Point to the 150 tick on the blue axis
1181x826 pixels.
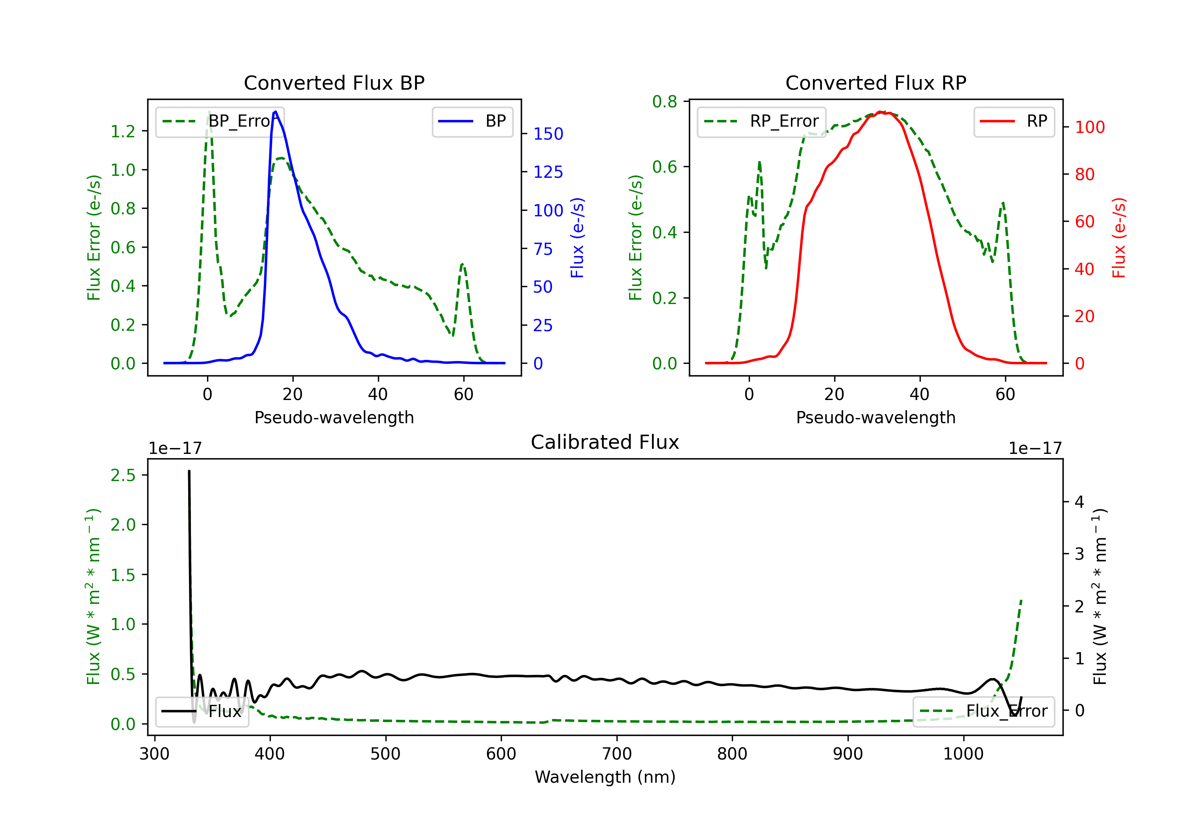tap(548, 134)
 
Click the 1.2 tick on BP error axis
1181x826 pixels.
tap(123, 132)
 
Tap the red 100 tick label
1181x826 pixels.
tap(1089, 127)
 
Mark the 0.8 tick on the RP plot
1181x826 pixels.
tap(665, 102)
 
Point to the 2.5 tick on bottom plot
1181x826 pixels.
tap(123, 476)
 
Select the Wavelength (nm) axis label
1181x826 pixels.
tap(605, 777)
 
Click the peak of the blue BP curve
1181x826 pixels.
tap(276, 112)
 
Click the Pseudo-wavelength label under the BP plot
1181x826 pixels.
tap(334, 417)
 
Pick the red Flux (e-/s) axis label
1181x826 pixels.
tap(1119, 238)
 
